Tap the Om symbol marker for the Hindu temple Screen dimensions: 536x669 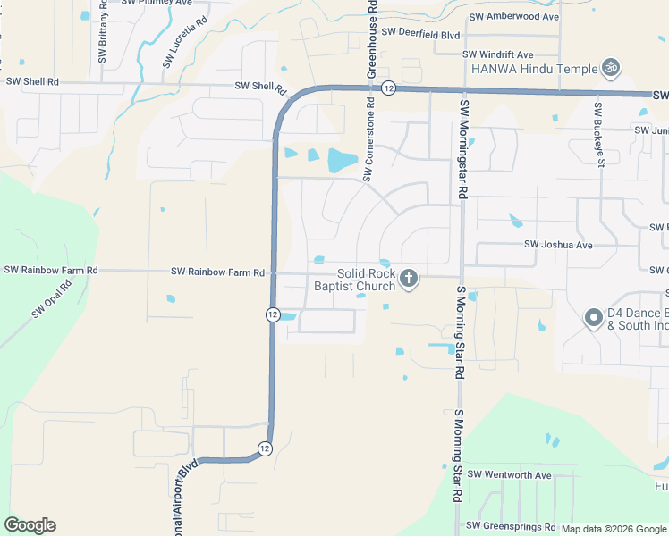pyautogui.click(x=612, y=67)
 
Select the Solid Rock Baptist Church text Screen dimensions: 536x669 pyautogui.click(x=354, y=281)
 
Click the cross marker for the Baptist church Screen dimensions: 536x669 pyautogui.click(x=409, y=279)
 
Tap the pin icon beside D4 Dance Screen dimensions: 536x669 pyautogui.click(x=592, y=318)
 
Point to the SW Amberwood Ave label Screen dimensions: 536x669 pyautogui.click(x=513, y=17)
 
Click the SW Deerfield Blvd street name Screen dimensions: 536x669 pyautogui.click(x=420, y=34)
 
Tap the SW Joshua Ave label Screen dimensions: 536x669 pyautogui.click(x=558, y=245)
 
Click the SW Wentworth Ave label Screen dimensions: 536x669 pyautogui.click(x=509, y=475)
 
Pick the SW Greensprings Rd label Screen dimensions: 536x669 pyautogui.click(x=512, y=526)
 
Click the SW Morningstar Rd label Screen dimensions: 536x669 pyautogui.click(x=463, y=147)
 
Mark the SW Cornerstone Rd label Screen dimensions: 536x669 pyautogui.click(x=367, y=149)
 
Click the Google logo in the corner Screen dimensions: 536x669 pyautogui.click(x=30, y=525)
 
